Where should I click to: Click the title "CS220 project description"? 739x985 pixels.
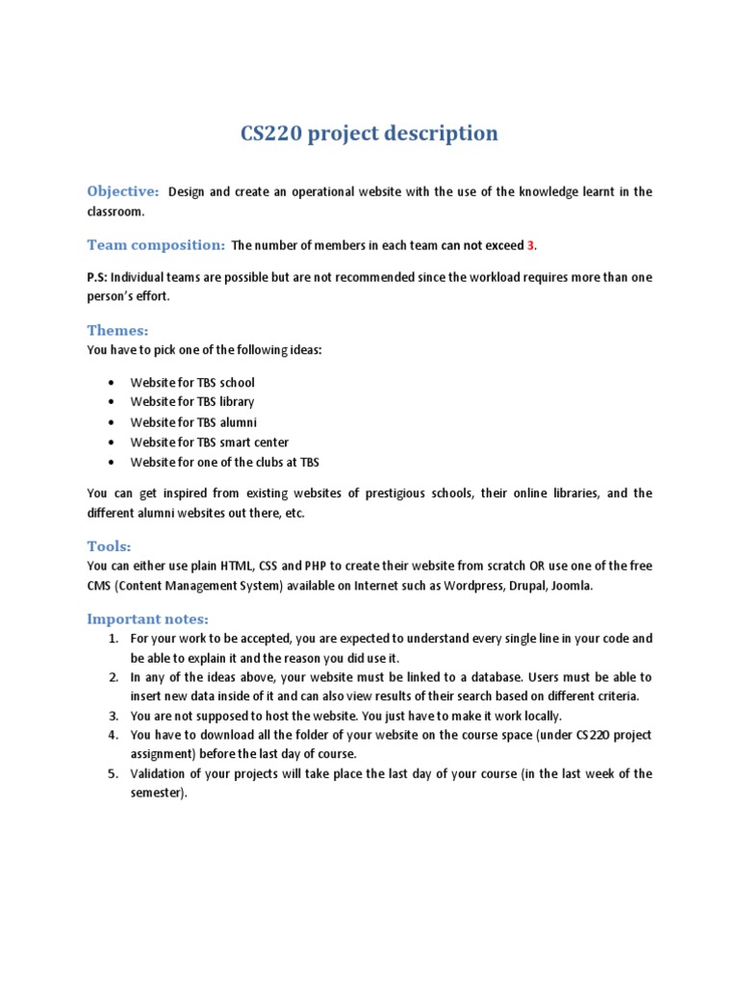pos(369,133)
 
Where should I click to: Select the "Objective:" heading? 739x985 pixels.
pos(123,191)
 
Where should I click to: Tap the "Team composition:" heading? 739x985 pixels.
pos(156,245)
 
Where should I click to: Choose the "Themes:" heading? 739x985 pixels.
pos(117,331)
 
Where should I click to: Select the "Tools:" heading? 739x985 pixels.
pos(109,546)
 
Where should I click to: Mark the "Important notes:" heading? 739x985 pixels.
pos(147,619)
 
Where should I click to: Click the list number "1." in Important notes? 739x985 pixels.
pos(113,639)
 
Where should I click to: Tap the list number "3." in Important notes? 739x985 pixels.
pos(113,716)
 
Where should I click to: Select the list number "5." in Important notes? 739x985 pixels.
pos(113,773)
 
